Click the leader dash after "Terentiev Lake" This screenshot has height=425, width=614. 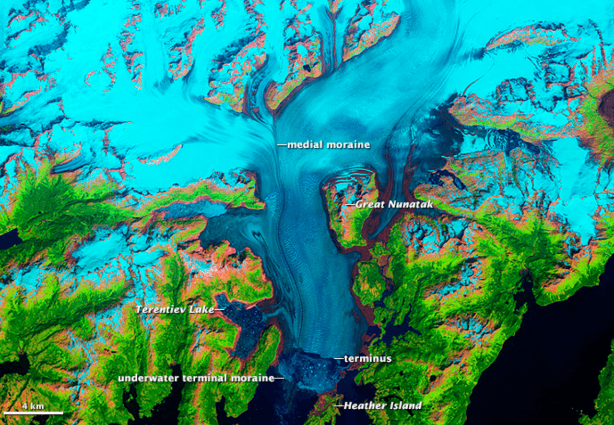point(219,309)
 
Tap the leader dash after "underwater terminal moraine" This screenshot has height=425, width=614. point(279,378)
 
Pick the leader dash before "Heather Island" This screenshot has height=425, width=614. point(338,406)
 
